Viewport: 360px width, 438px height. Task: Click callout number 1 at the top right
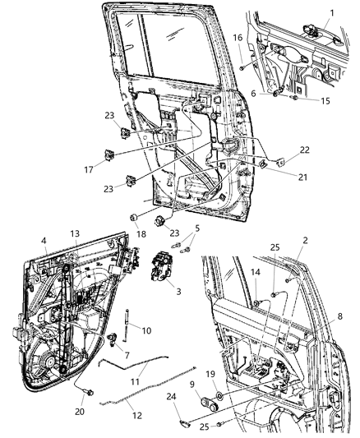tap(331, 12)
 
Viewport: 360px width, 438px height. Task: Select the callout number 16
tap(238, 38)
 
